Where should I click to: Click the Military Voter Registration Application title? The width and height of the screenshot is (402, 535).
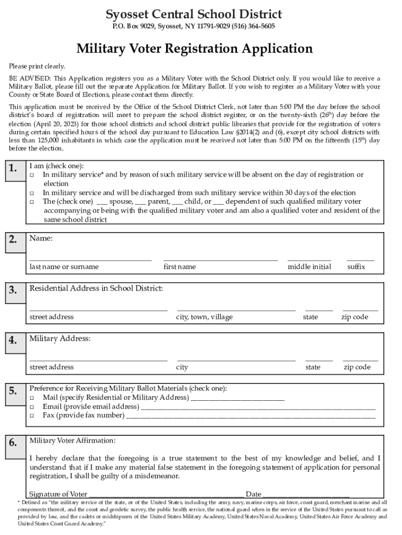[194, 49]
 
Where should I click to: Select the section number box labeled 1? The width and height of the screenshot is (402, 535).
[14, 168]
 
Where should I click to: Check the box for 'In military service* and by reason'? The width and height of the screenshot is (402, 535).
[32, 175]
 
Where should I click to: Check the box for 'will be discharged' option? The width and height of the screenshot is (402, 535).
[32, 193]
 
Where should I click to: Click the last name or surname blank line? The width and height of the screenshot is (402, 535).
[90, 259]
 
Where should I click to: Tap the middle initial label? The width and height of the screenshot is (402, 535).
[309, 267]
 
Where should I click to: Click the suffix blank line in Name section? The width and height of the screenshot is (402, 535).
[360, 259]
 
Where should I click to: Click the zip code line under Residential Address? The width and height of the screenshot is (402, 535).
[360, 309]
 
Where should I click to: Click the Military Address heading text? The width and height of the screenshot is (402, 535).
[60, 339]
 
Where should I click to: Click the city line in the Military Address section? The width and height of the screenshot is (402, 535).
[236, 359]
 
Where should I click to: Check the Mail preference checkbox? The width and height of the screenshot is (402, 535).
[32, 398]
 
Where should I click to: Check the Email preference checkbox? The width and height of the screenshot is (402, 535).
[32, 407]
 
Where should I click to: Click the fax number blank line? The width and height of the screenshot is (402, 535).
[251, 416]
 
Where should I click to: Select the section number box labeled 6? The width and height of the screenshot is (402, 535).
[14, 443]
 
